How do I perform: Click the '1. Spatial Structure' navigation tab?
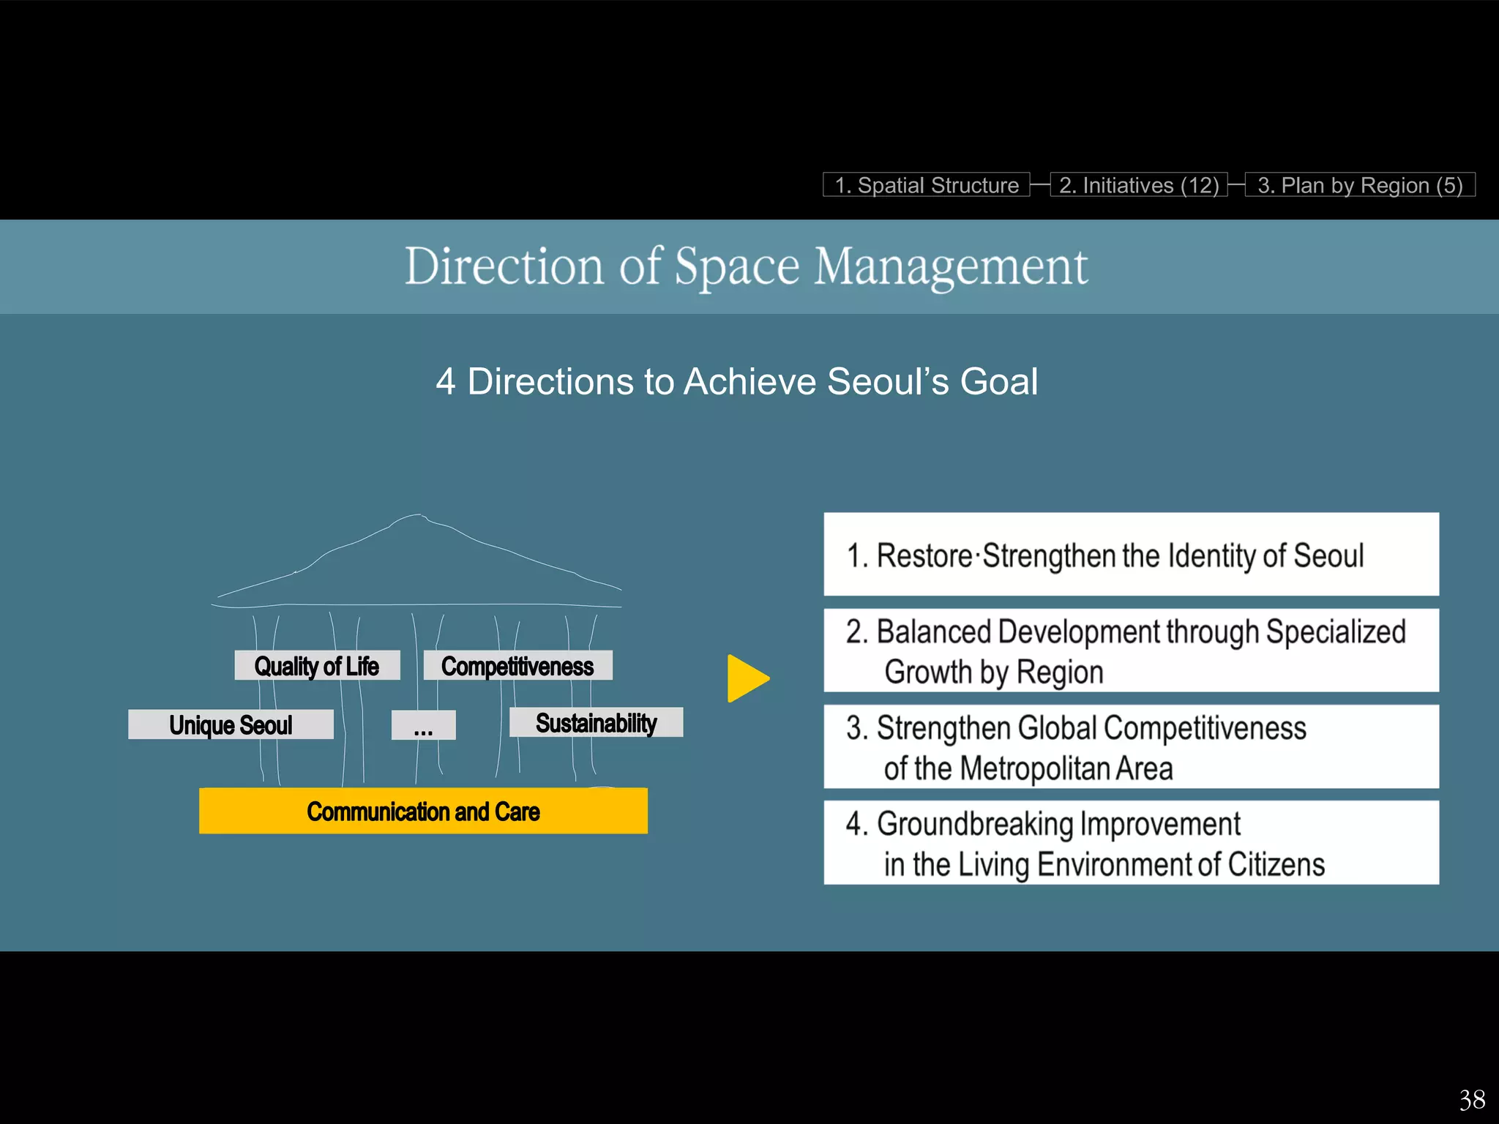(926, 185)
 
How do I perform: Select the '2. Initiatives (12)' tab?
(1139, 185)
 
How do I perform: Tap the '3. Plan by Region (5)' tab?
(1360, 185)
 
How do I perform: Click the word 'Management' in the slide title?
(951, 267)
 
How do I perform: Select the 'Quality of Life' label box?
(317, 666)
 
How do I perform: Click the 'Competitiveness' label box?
(517, 666)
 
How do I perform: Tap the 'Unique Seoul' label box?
(231, 724)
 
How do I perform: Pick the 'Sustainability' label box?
(596, 722)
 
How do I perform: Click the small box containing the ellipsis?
(423, 726)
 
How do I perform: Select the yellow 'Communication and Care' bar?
(423, 811)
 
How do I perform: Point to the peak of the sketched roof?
(419, 517)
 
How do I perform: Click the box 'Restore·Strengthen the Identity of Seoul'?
(1131, 555)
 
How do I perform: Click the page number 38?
(1472, 1100)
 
